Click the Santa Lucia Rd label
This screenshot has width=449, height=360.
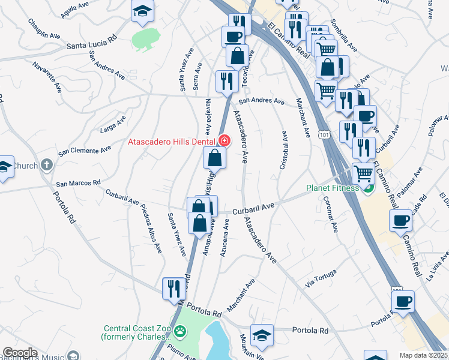(91, 44)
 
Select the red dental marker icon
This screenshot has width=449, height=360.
(224, 141)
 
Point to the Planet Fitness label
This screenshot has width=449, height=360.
(331, 187)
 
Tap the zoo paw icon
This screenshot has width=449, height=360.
(179, 331)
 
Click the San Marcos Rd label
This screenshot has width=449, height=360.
(78, 183)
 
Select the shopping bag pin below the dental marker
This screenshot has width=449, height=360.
(214, 158)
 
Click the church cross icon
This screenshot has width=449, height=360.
(46, 166)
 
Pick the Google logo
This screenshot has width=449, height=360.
(20, 353)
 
